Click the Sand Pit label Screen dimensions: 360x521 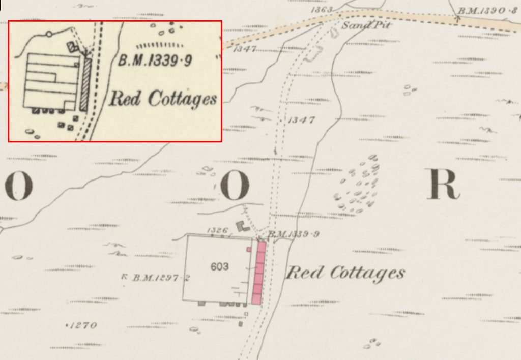[361, 25]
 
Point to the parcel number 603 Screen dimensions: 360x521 [219, 266]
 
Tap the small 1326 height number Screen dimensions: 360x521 [217, 231]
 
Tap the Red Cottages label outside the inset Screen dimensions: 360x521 [345, 273]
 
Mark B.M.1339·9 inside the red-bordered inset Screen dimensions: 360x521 [155, 62]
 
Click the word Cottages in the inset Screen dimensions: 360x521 [182, 99]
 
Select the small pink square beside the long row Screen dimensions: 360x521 [249, 250]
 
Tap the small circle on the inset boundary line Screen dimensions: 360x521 [48, 35]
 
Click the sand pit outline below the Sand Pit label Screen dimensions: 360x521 [334, 33]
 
